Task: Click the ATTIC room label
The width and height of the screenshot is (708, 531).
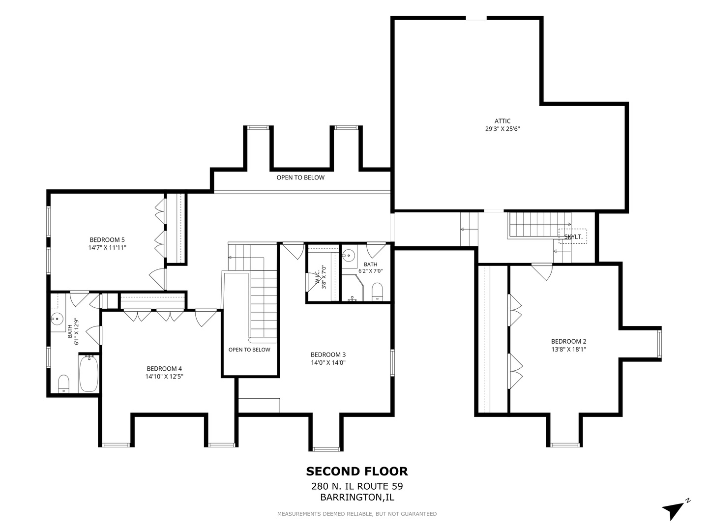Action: click(x=502, y=121)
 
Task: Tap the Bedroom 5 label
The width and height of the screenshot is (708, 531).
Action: click(x=107, y=240)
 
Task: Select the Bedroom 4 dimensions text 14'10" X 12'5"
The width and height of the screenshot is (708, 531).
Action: click(x=164, y=376)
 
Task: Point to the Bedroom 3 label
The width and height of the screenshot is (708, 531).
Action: click(x=328, y=354)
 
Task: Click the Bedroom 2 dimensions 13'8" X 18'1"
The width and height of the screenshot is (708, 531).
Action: click(x=569, y=349)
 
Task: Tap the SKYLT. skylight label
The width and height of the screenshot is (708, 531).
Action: click(x=573, y=237)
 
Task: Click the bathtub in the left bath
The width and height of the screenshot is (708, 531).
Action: click(x=88, y=373)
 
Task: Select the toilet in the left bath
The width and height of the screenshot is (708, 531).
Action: click(x=63, y=383)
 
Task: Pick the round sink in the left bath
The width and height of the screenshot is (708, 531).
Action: click(x=57, y=320)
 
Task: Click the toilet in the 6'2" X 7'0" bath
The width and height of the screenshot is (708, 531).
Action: click(x=377, y=292)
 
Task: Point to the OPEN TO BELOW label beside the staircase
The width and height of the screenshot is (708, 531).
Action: click(x=249, y=350)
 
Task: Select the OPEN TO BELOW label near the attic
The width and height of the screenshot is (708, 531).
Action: click(x=300, y=177)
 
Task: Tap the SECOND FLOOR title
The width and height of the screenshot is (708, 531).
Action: click(x=357, y=472)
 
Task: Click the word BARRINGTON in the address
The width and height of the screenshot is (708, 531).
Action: click(x=351, y=497)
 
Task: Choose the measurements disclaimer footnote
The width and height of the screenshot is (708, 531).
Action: click(x=357, y=514)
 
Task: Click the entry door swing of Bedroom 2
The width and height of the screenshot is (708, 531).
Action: click(x=542, y=272)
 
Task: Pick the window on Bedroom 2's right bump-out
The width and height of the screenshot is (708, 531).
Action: click(x=659, y=344)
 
